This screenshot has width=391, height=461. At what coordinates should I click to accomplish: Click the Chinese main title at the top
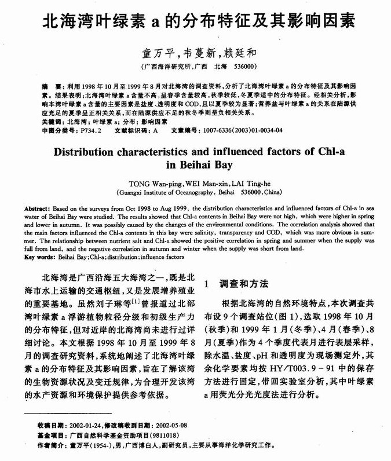click(x=195, y=24)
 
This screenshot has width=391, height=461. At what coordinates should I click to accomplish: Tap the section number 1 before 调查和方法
click(x=208, y=284)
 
